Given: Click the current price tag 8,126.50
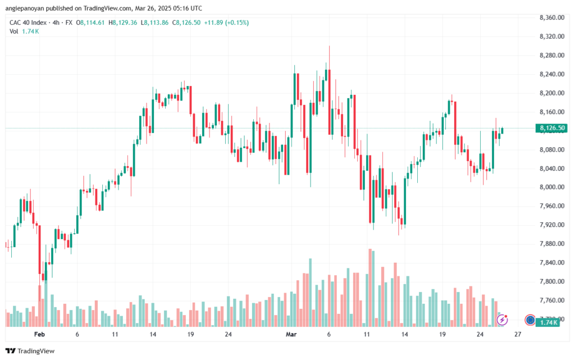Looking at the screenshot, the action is click(x=551, y=128).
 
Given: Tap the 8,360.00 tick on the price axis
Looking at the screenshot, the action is click(x=551, y=17).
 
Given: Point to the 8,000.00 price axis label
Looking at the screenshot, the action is click(x=551, y=187).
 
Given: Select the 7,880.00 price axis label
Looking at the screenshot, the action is click(x=551, y=244).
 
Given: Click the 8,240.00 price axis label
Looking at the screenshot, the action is click(x=551, y=74).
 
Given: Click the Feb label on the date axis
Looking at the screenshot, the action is click(x=39, y=334).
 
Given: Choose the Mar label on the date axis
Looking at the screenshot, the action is click(x=291, y=334).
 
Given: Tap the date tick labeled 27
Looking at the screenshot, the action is click(x=517, y=334).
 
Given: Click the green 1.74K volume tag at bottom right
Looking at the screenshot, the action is click(x=547, y=322).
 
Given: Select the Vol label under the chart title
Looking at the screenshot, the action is click(x=13, y=31).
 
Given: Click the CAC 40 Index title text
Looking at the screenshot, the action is click(x=28, y=22).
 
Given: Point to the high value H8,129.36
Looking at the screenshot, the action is click(x=123, y=22).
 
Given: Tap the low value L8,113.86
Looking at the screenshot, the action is click(x=155, y=22).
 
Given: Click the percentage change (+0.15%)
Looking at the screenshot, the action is click(x=237, y=22).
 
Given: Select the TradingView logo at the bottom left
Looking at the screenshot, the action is click(x=30, y=351).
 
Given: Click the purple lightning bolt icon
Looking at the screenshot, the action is click(x=502, y=320).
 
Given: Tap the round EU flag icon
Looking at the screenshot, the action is click(x=530, y=320).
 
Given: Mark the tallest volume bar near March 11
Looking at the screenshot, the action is click(x=370, y=288).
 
